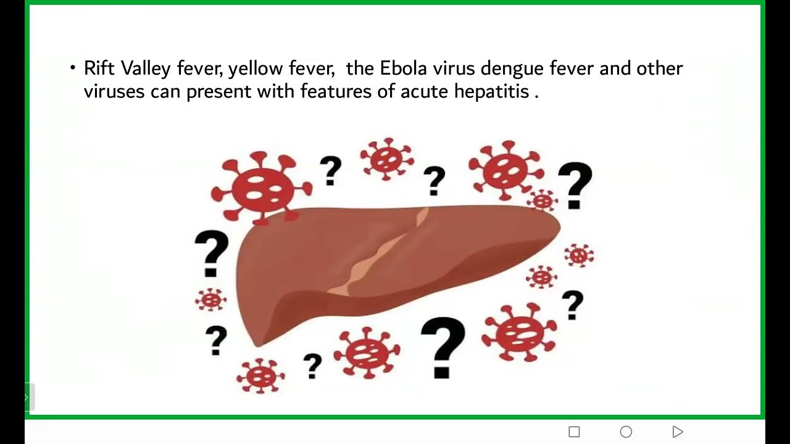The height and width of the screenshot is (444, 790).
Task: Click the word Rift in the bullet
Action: [x=99, y=68]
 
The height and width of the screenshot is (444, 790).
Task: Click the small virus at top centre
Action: [x=387, y=159]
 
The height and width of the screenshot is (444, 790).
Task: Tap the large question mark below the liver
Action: [x=443, y=347]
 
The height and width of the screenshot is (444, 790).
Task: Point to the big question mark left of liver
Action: [x=211, y=253]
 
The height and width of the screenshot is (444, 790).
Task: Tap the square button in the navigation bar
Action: [x=574, y=432]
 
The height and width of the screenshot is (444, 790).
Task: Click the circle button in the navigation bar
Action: [x=626, y=432]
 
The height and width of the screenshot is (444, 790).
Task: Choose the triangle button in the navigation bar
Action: [x=678, y=432]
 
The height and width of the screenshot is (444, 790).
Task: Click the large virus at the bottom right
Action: [x=520, y=332]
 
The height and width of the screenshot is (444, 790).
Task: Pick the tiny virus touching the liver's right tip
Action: [x=543, y=200]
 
